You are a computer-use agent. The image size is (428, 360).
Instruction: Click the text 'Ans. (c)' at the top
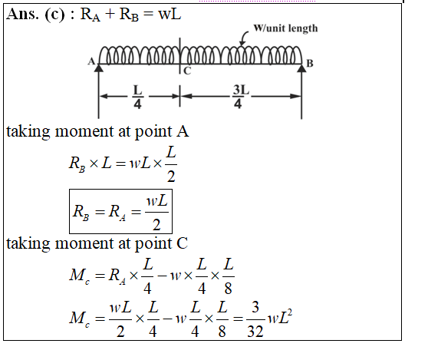click(x=35, y=15)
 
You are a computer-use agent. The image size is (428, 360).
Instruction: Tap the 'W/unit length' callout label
click(x=285, y=28)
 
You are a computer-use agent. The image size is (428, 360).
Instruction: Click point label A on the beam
click(x=91, y=61)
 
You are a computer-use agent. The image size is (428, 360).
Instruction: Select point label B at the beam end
click(x=310, y=63)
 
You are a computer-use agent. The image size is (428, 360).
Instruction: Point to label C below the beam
click(x=187, y=71)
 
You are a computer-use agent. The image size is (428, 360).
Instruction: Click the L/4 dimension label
click(x=137, y=97)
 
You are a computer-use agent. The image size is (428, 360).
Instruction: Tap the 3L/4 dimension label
click(x=241, y=97)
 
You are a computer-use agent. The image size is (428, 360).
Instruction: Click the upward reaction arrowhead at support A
click(x=98, y=68)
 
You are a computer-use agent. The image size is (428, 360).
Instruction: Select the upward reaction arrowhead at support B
click(x=301, y=68)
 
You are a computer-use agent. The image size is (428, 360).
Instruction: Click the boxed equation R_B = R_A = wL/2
click(x=120, y=211)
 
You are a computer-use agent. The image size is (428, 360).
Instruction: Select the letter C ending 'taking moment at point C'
click(x=182, y=243)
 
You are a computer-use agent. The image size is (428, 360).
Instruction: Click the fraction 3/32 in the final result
click(x=255, y=319)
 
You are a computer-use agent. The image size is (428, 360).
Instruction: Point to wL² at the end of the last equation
click(x=280, y=317)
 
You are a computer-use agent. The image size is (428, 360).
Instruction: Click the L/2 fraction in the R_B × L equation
click(x=171, y=164)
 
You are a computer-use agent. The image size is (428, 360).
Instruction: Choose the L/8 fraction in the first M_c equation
click(x=229, y=276)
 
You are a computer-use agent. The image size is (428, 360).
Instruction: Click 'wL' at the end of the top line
click(x=170, y=15)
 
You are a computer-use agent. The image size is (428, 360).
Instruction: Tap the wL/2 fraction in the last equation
click(x=120, y=319)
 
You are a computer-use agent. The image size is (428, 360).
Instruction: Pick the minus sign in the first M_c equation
click(x=162, y=276)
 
